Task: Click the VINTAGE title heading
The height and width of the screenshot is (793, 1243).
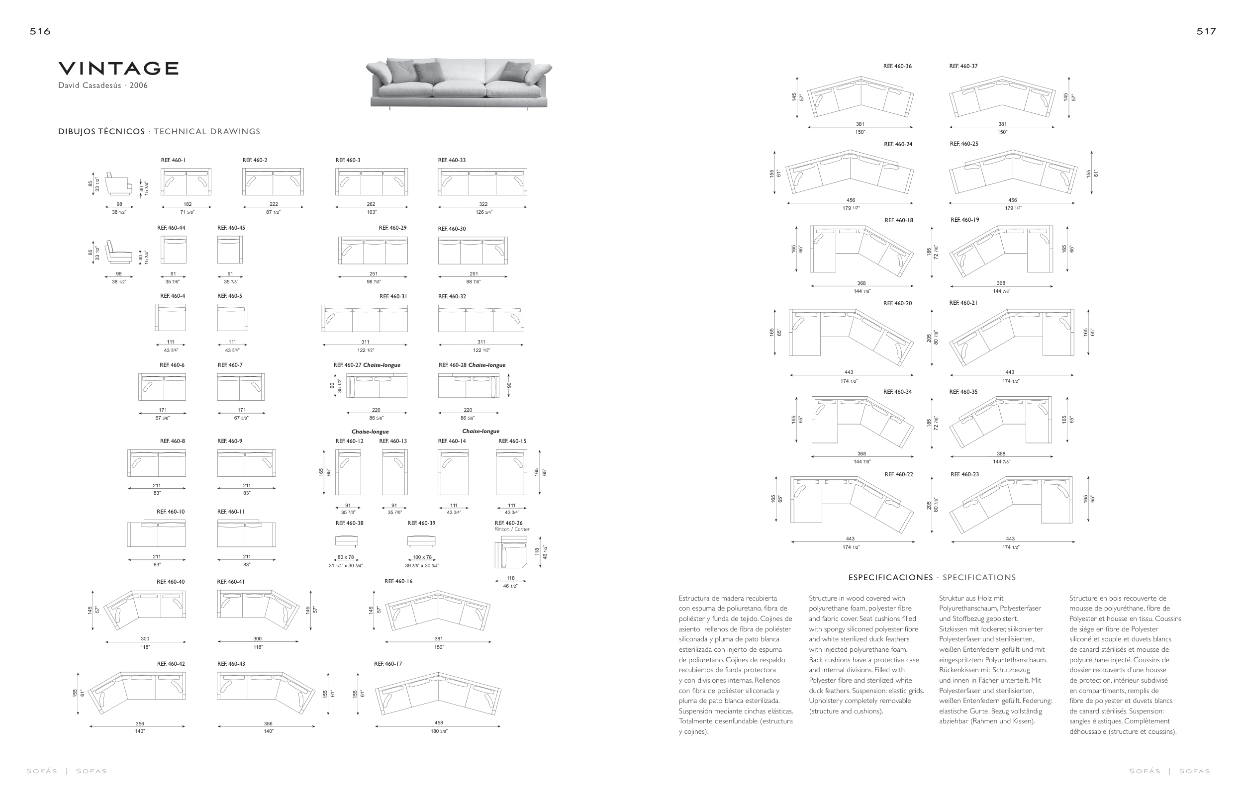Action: click(x=118, y=68)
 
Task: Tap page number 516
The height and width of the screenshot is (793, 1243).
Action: click(x=40, y=31)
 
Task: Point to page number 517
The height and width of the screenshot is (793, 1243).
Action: click(x=1206, y=31)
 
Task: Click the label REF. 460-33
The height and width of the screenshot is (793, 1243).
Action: click(x=452, y=161)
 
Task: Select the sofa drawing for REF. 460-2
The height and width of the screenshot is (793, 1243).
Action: click(x=273, y=181)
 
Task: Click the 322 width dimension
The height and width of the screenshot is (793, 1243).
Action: click(x=483, y=204)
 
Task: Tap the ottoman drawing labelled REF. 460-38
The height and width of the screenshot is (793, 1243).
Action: click(x=346, y=541)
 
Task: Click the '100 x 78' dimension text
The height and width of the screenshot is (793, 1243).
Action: click(x=422, y=557)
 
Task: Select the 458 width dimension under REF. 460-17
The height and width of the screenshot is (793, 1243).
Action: click(x=439, y=723)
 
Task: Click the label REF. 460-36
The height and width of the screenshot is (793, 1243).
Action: click(x=897, y=67)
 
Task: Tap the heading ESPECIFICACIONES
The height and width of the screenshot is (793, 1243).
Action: click(x=890, y=578)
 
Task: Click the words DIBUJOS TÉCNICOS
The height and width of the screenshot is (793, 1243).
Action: click(x=101, y=132)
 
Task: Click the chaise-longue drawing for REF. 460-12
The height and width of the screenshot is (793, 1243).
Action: click(x=348, y=472)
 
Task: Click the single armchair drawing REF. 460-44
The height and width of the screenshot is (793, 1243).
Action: click(x=174, y=250)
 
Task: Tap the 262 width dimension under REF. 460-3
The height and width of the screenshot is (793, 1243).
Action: click(x=371, y=204)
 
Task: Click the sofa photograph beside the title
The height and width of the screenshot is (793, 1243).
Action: click(x=459, y=83)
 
